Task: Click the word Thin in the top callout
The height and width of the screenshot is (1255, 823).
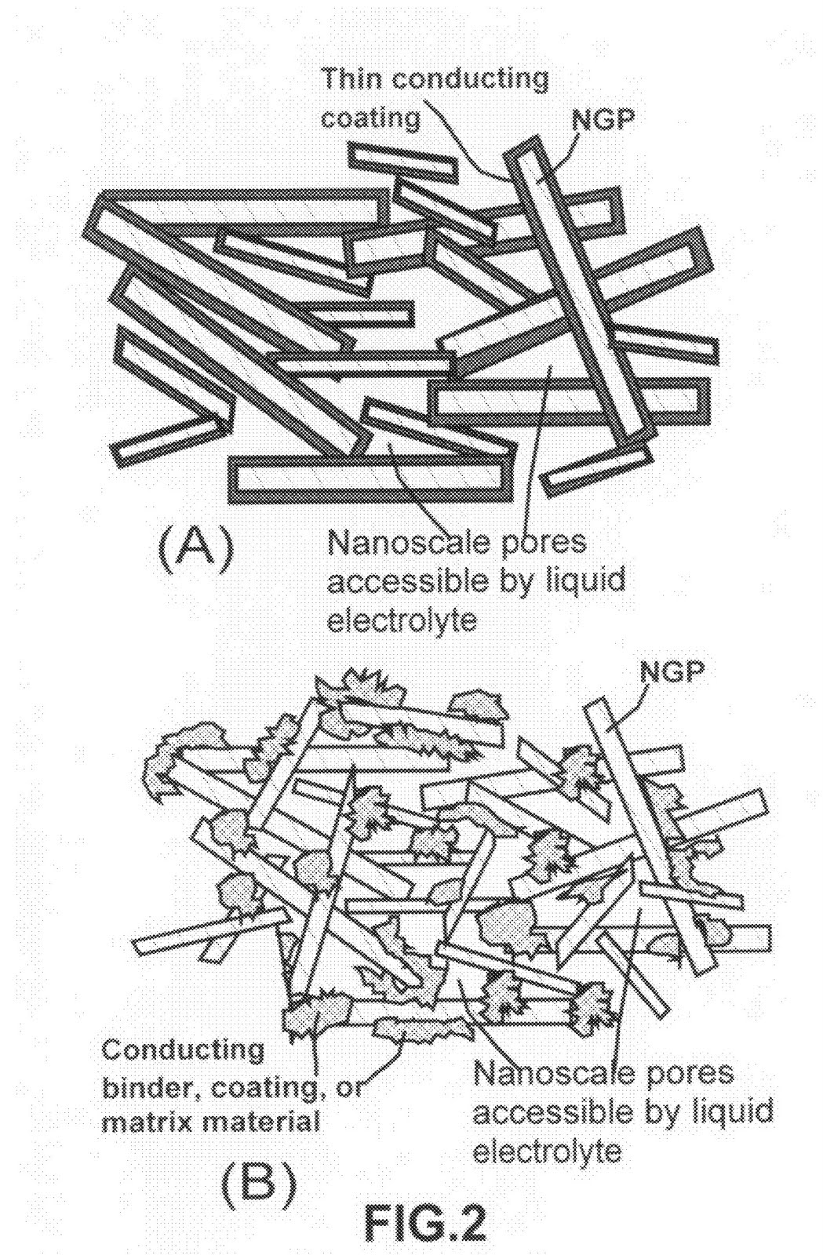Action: click(x=353, y=78)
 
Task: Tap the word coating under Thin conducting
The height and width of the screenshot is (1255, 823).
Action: click(x=371, y=118)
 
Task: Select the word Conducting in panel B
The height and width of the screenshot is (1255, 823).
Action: click(x=183, y=1049)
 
